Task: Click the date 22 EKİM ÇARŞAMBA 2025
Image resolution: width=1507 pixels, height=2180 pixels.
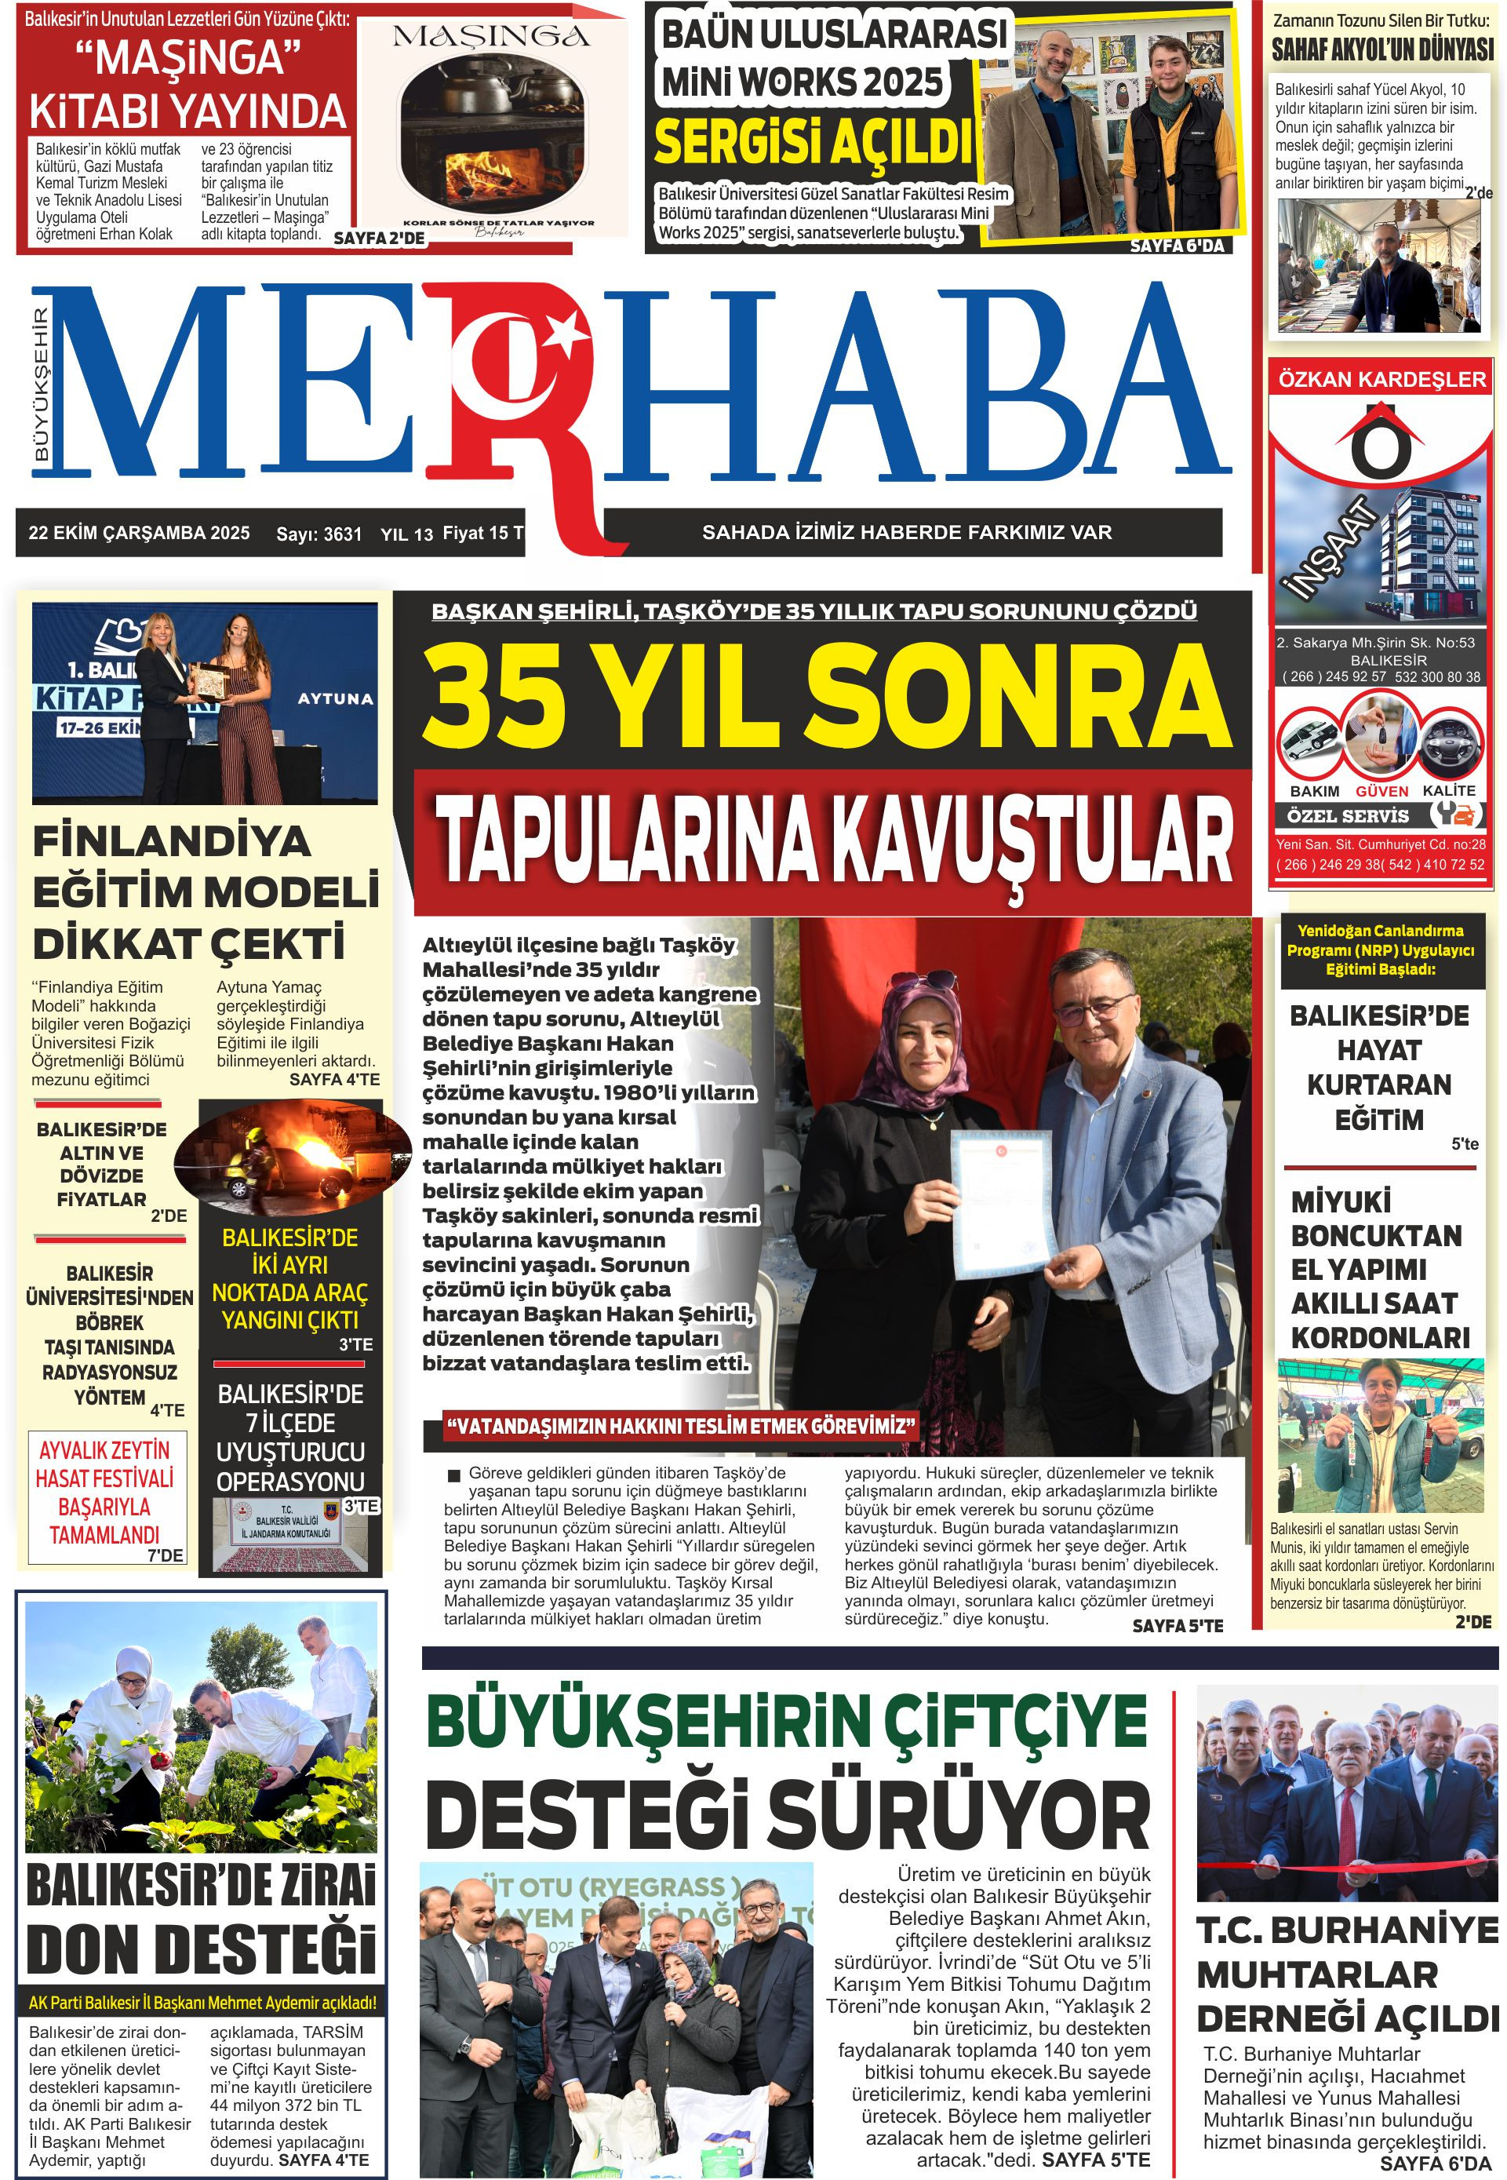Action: point(139,533)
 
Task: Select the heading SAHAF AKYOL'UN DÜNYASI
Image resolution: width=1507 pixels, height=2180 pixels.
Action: point(1381,50)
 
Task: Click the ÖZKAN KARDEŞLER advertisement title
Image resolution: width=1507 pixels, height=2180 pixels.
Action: point(1381,379)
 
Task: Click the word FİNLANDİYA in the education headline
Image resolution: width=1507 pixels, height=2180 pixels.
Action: point(172,841)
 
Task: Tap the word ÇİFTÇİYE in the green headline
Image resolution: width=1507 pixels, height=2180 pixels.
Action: point(1015,1721)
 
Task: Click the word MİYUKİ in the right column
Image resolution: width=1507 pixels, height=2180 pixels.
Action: point(1341,1201)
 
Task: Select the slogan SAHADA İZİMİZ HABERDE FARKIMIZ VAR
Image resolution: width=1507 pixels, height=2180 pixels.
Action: point(906,533)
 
